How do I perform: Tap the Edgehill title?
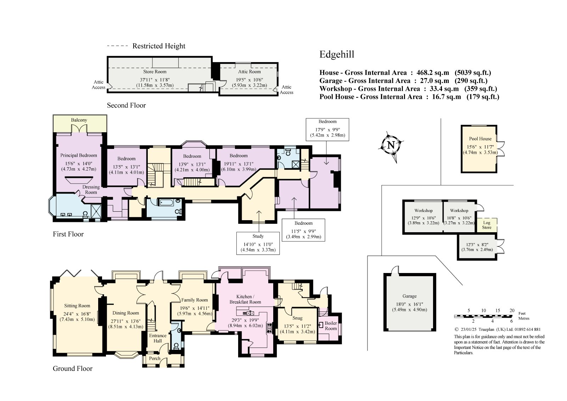click(x=337, y=55)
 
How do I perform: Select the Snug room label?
click(x=297, y=318)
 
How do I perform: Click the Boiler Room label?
click(x=331, y=326)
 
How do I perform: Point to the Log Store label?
click(x=487, y=225)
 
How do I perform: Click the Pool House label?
click(x=480, y=139)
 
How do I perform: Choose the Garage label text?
click(x=410, y=296)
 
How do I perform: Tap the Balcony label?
click(x=79, y=120)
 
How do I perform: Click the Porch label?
click(x=155, y=358)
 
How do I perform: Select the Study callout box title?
click(x=258, y=236)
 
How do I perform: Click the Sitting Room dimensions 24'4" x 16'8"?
click(x=77, y=314)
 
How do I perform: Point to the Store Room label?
click(x=155, y=72)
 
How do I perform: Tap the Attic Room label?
click(x=249, y=72)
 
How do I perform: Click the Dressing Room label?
click(x=91, y=189)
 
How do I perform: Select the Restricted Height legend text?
click(x=159, y=46)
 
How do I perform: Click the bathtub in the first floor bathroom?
click(x=166, y=203)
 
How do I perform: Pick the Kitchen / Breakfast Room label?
click(x=245, y=299)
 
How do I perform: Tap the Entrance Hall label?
click(x=158, y=338)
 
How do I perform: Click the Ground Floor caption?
click(x=73, y=369)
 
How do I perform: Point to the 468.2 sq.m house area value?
click(x=433, y=73)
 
